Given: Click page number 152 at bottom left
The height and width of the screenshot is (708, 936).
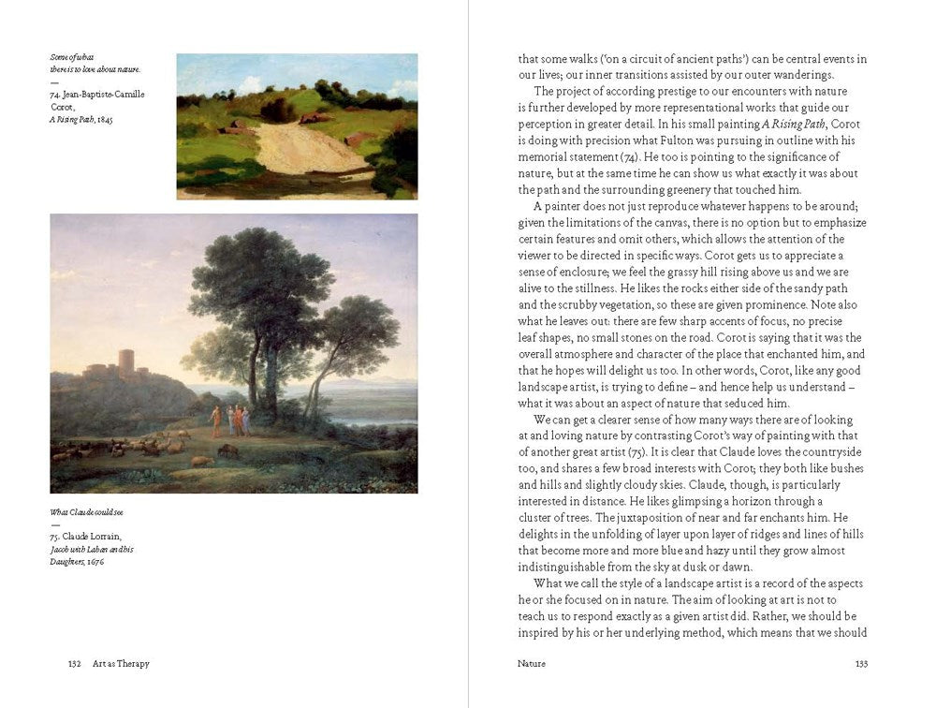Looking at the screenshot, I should (x=75, y=663).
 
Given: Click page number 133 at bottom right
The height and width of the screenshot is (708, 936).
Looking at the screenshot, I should (x=861, y=663).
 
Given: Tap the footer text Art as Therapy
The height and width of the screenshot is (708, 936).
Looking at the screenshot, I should (x=121, y=663).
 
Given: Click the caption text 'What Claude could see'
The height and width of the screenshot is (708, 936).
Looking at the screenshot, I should (x=86, y=512).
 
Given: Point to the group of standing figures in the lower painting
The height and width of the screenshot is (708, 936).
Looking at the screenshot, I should (x=230, y=419).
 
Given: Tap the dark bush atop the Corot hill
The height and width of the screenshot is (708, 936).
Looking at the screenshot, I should (x=278, y=110).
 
